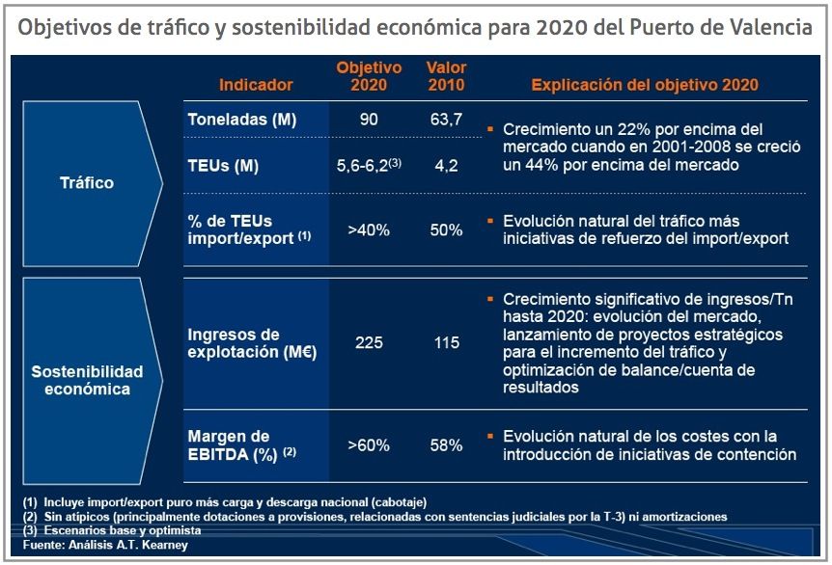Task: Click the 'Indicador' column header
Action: [256, 85]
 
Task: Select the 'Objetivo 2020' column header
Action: [369, 76]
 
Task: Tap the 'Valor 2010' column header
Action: [446, 76]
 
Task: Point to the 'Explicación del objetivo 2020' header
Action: [645, 85]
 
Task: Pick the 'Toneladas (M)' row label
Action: [242, 121]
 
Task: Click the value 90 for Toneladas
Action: [369, 121]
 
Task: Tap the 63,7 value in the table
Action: [446, 121]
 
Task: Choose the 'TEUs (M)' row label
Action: [223, 166]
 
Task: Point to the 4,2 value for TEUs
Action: [446, 166]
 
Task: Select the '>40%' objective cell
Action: [369, 230]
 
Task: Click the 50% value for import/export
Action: [446, 230]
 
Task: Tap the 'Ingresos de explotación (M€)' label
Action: [252, 343]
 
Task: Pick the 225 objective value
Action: [369, 343]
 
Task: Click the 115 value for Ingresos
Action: [446, 343]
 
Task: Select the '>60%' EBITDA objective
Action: [369, 445]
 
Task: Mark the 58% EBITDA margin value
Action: [446, 445]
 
